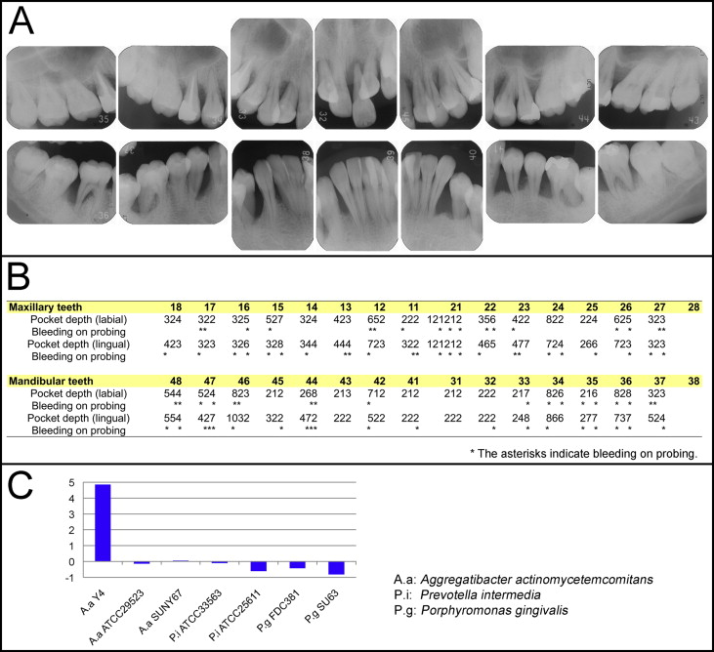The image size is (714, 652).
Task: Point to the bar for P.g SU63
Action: coord(335,568)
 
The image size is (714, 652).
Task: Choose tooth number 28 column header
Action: coord(692,306)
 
